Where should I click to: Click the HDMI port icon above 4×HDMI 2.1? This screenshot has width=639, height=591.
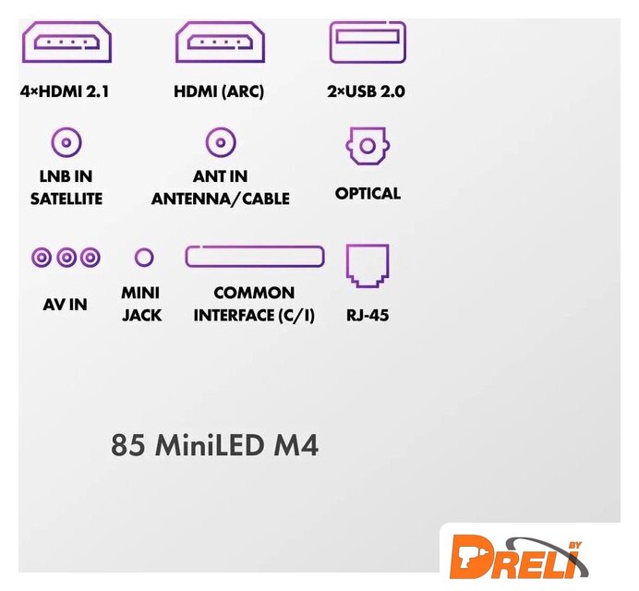click(x=66, y=42)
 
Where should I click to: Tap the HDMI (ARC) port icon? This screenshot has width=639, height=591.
click(x=220, y=42)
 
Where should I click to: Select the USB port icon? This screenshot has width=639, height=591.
click(x=368, y=41)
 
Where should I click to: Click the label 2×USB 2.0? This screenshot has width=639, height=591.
click(x=367, y=91)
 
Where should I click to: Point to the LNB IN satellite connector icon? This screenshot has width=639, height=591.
click(x=66, y=143)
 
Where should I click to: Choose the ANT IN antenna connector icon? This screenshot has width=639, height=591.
click(x=220, y=143)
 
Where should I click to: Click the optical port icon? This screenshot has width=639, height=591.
click(x=367, y=146)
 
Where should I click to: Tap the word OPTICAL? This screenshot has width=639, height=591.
click(x=368, y=194)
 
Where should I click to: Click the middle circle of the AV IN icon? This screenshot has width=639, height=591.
click(x=66, y=258)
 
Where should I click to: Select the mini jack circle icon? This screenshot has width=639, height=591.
click(x=144, y=258)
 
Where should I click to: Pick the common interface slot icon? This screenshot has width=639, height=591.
click(x=255, y=257)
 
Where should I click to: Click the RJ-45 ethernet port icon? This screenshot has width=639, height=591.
click(x=368, y=264)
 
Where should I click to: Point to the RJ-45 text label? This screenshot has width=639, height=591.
click(x=368, y=316)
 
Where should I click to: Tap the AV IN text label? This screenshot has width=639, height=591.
click(x=66, y=304)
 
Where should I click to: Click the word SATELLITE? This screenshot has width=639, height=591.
click(x=66, y=199)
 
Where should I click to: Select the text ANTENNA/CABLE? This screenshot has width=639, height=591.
click(x=221, y=199)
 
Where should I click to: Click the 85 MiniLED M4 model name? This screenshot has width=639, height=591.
click(x=214, y=445)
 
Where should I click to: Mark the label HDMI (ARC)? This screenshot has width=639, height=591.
click(x=219, y=91)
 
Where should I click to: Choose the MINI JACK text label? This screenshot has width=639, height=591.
click(x=141, y=304)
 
